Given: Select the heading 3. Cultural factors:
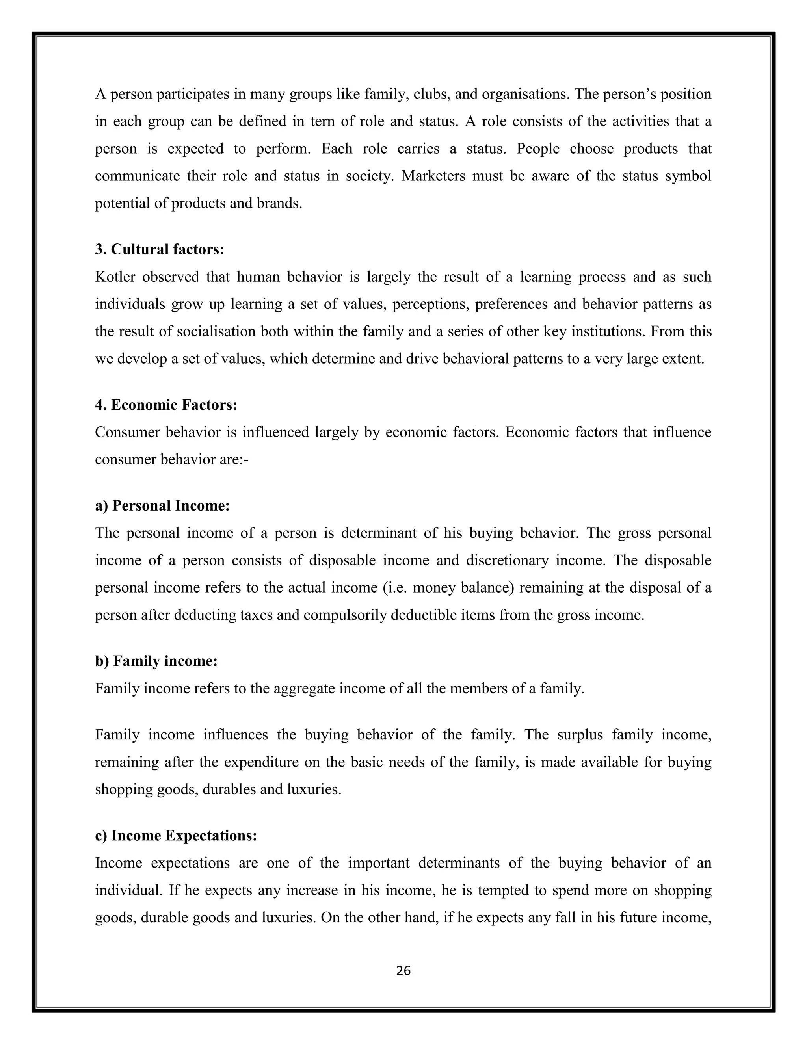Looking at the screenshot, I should tap(159, 249).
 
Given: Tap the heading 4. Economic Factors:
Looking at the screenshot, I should tap(166, 405).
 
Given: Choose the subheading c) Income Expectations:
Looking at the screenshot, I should tap(176, 836).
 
